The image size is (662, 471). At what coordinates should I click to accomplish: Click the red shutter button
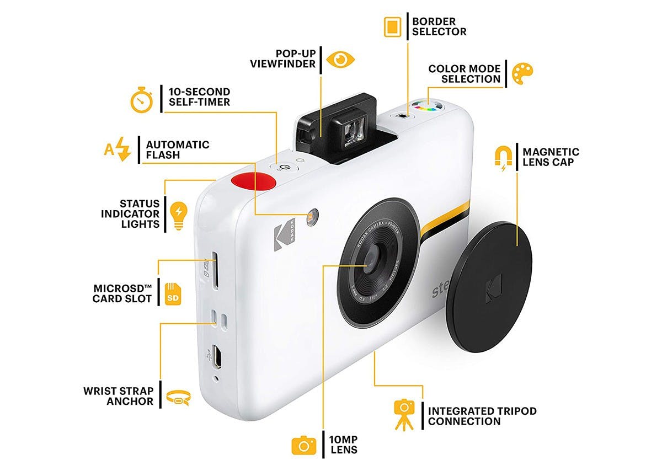pyautogui.click(x=253, y=181)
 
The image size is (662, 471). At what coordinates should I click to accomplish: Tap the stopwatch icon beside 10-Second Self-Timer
pyautogui.click(x=142, y=100)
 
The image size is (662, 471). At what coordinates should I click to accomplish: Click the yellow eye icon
pyautogui.click(x=340, y=60)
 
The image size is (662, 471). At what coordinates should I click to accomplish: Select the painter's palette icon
pyautogui.click(x=522, y=73)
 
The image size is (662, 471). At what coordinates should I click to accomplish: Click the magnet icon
pyautogui.click(x=504, y=158)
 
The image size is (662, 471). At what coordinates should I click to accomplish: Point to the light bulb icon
pyautogui.click(x=179, y=216)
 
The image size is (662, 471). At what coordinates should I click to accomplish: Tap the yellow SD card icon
pyautogui.click(x=173, y=294)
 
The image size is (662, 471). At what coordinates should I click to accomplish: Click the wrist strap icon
pyautogui.click(x=179, y=398)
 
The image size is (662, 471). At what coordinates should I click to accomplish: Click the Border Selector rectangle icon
pyautogui.click(x=392, y=27)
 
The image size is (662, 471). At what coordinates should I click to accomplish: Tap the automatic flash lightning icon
pyautogui.click(x=118, y=148)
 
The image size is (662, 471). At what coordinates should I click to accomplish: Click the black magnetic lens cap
pyautogui.click(x=489, y=287)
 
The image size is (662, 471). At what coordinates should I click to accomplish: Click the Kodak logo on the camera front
pyautogui.click(x=285, y=234)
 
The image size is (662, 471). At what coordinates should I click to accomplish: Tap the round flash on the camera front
pyautogui.click(x=312, y=217)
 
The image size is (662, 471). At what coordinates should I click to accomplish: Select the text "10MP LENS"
pyautogui.click(x=343, y=445)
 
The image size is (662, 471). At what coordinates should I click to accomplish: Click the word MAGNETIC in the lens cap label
pyautogui.click(x=551, y=152)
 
